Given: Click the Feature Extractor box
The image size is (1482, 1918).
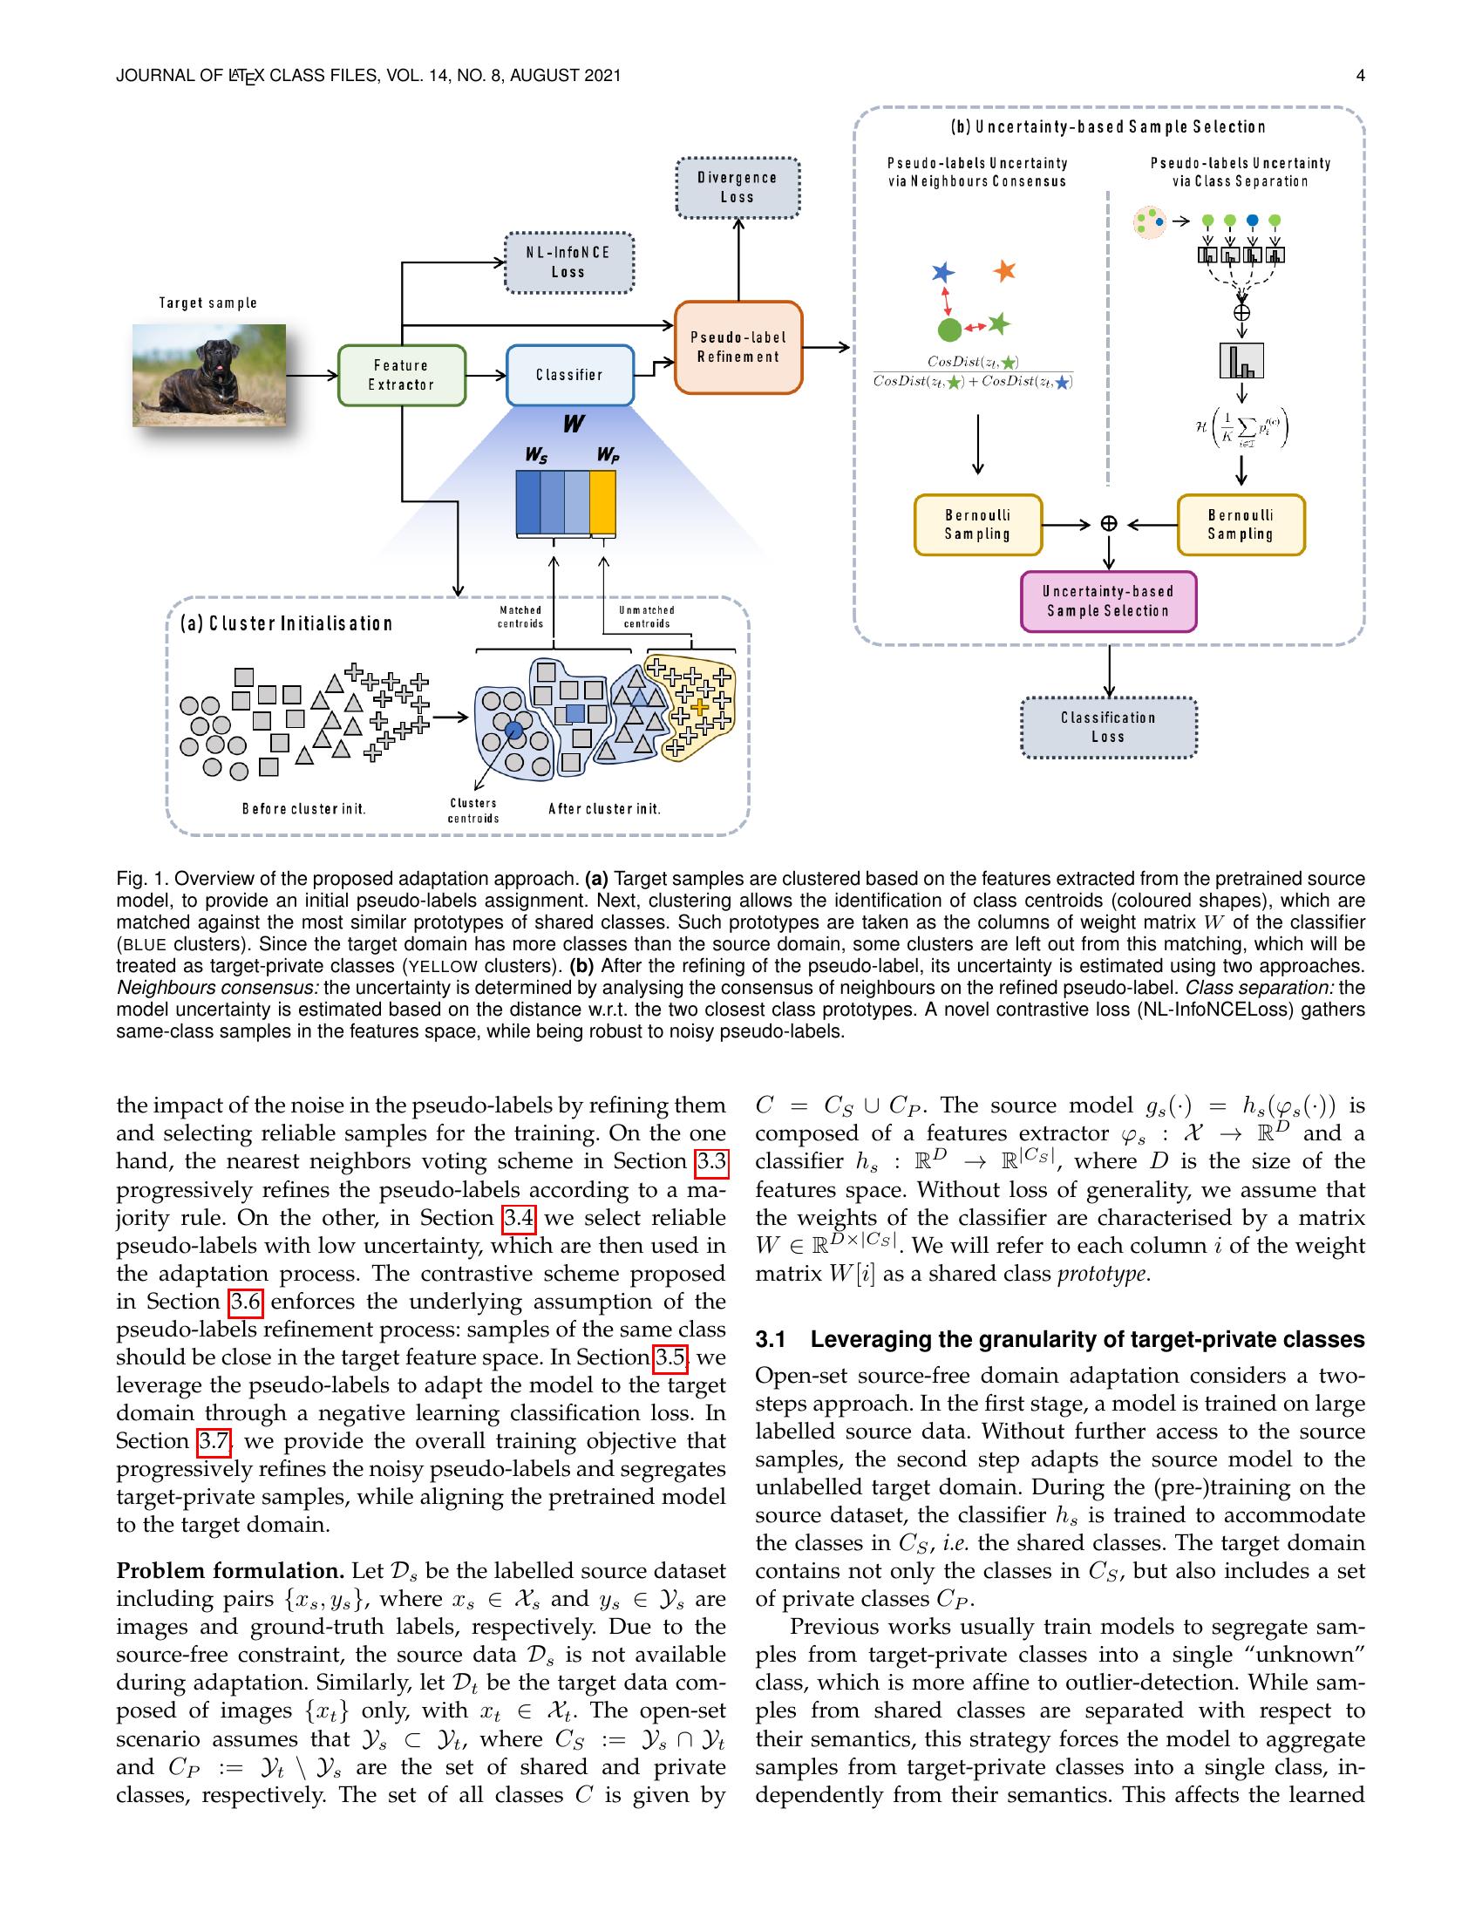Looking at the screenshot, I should click(x=401, y=375).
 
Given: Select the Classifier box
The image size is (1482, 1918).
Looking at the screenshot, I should click(x=570, y=375).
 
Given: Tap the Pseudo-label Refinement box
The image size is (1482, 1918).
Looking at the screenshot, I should click(x=738, y=347).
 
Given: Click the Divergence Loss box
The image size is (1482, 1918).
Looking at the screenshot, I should click(x=738, y=187).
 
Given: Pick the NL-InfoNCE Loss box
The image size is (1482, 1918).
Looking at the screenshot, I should click(x=568, y=262).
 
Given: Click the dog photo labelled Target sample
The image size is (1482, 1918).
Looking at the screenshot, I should click(x=209, y=375).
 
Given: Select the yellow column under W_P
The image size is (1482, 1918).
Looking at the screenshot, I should click(x=602, y=502).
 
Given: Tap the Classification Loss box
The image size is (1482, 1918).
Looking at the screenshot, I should click(x=1108, y=727).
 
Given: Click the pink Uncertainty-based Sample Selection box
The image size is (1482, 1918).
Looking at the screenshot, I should click(x=1108, y=602).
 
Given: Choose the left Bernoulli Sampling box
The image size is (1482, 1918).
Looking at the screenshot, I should click(x=977, y=524).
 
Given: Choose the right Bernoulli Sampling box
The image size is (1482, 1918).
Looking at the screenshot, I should click(x=1241, y=524).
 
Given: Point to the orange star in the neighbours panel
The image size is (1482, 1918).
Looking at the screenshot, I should click(x=1004, y=270).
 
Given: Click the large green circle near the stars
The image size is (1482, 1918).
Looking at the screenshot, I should click(x=949, y=330).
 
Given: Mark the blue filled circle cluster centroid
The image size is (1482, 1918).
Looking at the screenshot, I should click(x=514, y=731).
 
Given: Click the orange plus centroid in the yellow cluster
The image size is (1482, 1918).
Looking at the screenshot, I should click(x=700, y=706).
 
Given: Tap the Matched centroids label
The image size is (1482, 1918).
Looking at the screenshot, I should click(x=520, y=616).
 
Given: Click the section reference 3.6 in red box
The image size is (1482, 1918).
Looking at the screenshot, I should click(x=245, y=1302).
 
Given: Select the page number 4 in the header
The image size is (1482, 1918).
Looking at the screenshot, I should click(x=1360, y=76).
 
